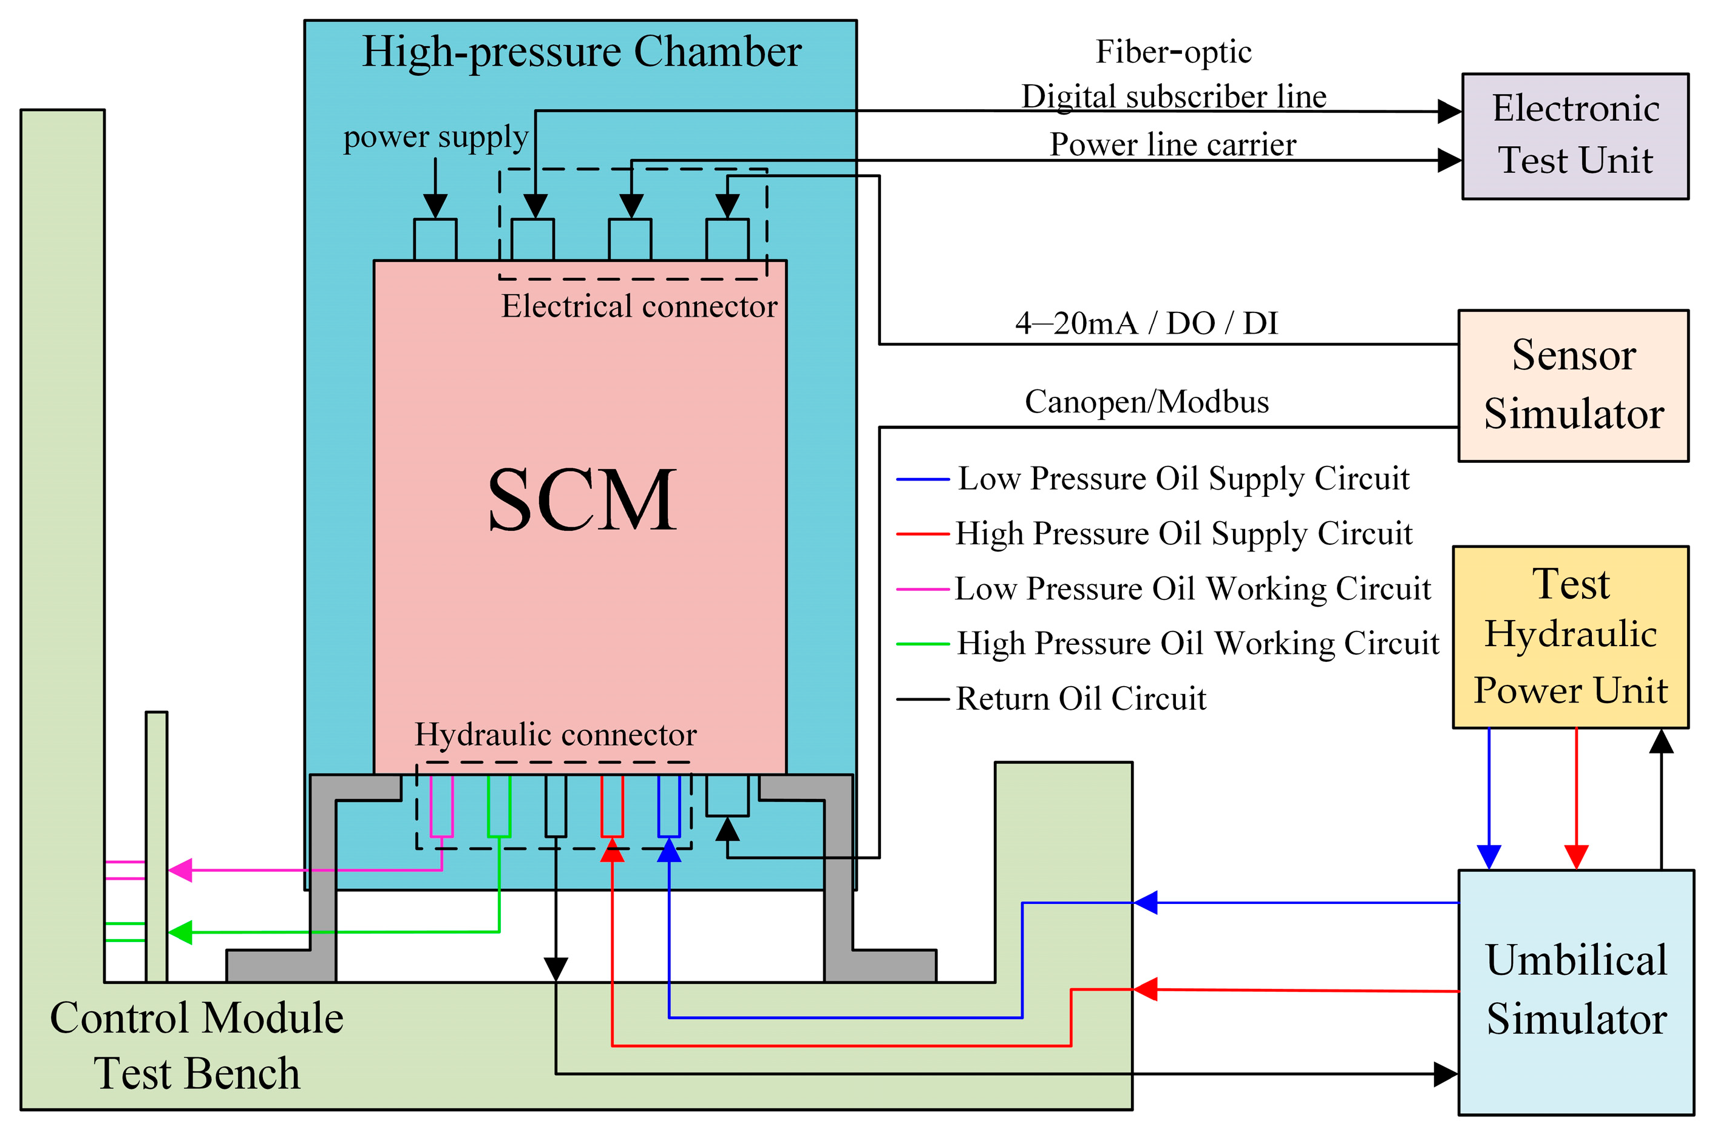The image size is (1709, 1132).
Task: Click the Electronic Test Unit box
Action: (1575, 136)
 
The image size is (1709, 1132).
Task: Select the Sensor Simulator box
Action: (1572, 385)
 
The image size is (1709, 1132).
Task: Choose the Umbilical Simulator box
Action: (1575, 991)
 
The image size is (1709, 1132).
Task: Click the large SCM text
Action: (582, 500)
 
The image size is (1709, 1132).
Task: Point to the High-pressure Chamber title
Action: (582, 52)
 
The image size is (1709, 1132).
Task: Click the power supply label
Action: (435, 137)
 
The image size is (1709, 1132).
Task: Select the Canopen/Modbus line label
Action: (1146, 402)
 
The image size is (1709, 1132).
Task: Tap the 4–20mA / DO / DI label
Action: (1146, 323)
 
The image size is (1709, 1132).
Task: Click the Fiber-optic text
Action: (1173, 52)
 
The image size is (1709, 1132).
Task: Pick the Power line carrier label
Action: (1172, 144)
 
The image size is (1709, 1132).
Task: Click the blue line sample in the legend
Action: (922, 479)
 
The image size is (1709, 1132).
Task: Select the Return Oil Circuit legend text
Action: (1081, 698)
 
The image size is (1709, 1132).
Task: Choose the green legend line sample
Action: (922, 643)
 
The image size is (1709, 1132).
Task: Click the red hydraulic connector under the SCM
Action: (612, 806)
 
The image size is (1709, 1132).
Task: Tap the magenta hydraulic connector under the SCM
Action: (441, 806)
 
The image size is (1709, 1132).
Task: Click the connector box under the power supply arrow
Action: (435, 240)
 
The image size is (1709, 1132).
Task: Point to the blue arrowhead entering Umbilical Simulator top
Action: (1489, 857)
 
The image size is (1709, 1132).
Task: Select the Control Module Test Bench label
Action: (197, 1045)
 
